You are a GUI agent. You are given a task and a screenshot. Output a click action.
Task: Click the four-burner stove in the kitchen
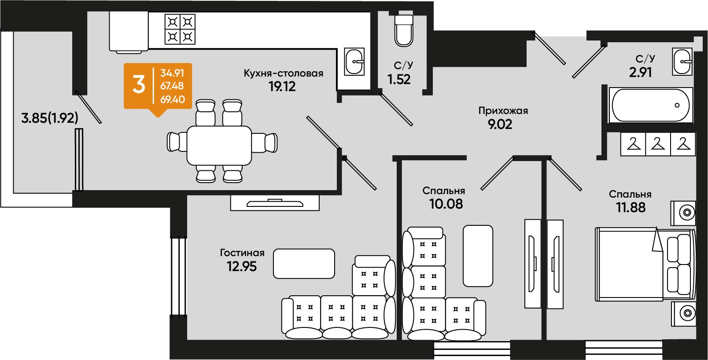click(180, 29)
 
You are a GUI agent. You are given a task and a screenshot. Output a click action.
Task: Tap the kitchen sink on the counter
click(354, 62)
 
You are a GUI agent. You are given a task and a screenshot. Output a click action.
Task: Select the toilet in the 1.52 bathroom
click(404, 31)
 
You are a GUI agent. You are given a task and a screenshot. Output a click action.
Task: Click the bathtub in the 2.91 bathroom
click(651, 105)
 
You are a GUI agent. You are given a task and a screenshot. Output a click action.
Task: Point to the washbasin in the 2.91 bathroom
click(682, 62)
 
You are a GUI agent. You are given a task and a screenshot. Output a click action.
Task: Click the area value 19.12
click(282, 86)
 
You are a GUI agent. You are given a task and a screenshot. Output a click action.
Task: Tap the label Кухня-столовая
click(284, 73)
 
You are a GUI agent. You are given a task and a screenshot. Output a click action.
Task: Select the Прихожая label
click(503, 110)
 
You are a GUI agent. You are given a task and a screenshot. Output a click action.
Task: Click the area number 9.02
click(500, 124)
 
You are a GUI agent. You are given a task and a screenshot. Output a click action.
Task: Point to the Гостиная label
click(242, 253)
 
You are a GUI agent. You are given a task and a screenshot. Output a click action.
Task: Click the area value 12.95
click(242, 267)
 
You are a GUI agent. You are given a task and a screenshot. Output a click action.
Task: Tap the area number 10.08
click(446, 204)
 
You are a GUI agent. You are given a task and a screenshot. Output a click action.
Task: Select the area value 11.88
click(631, 207)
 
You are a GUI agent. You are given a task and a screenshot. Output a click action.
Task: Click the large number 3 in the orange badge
click(139, 85)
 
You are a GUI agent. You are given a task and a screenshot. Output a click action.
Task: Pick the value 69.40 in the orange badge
click(173, 99)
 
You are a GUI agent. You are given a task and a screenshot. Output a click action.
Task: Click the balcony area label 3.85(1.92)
click(50, 118)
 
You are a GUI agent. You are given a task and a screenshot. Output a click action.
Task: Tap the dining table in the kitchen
click(219, 146)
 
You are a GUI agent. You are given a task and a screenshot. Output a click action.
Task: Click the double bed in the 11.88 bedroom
click(645, 264)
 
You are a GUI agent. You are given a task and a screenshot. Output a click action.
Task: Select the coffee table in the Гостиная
click(304, 264)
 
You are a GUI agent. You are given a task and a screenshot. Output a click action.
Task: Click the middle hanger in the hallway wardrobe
click(658, 144)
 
